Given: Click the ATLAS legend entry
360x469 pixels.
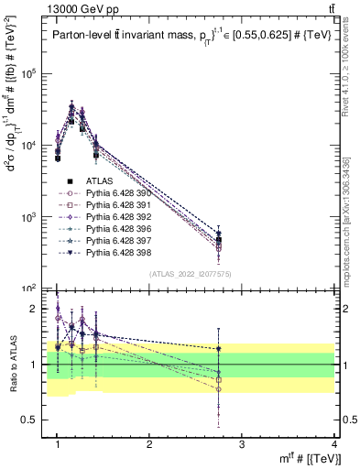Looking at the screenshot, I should click(x=101, y=181).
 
